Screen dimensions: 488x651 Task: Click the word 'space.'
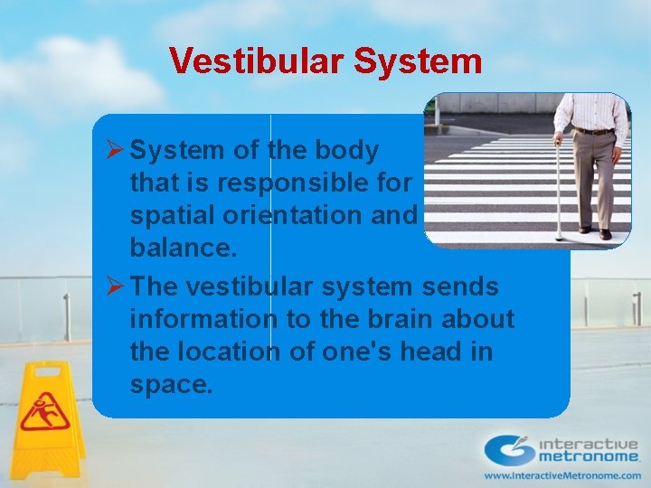pos(172,385)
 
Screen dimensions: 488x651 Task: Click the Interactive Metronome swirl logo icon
pos(509,450)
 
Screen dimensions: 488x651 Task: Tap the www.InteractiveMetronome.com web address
pos(561,475)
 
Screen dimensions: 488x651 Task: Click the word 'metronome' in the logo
pos(589,458)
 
